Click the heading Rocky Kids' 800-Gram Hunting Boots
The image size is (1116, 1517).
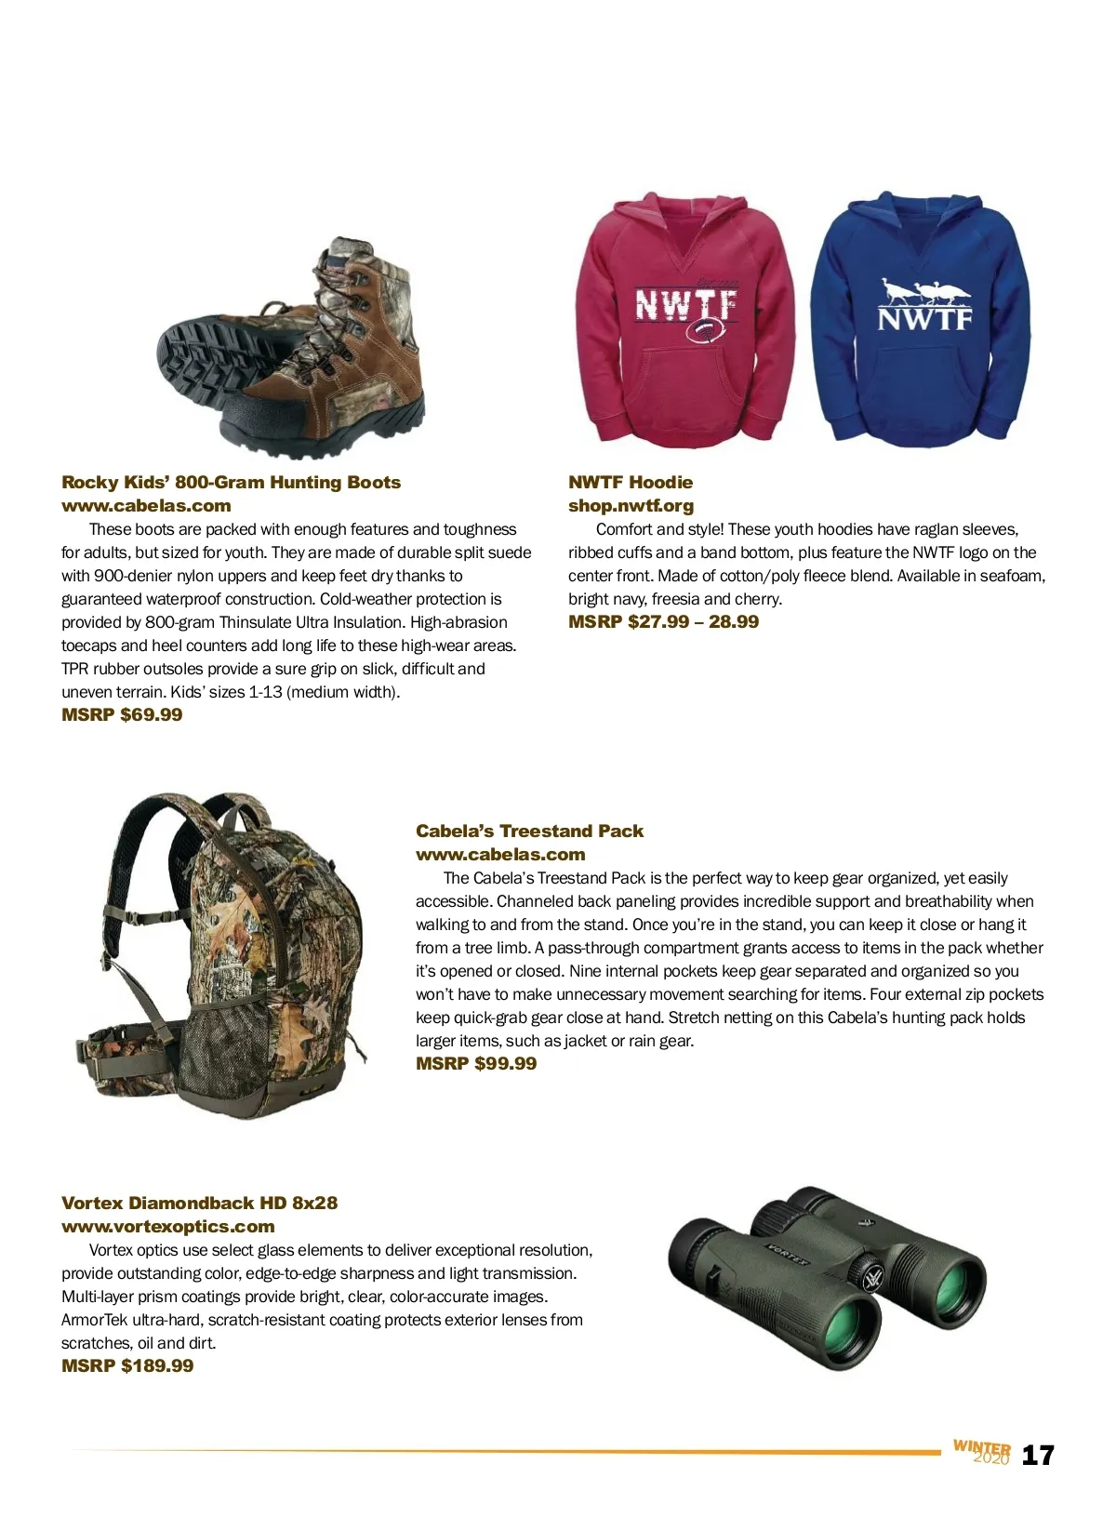[231, 482]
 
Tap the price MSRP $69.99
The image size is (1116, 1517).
[122, 714]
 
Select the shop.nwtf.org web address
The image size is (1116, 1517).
[631, 505]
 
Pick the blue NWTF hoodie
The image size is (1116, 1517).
[922, 321]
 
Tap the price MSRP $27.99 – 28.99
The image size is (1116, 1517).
[663, 621]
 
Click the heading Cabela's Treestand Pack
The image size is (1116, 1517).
[529, 831]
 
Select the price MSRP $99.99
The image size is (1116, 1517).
[476, 1063]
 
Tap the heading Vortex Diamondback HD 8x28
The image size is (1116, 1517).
[199, 1203]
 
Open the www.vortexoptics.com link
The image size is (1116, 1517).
[167, 1226]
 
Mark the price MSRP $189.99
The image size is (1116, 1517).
[127, 1365]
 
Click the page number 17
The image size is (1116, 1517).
[1038, 1456]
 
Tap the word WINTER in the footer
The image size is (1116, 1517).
[981, 1447]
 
